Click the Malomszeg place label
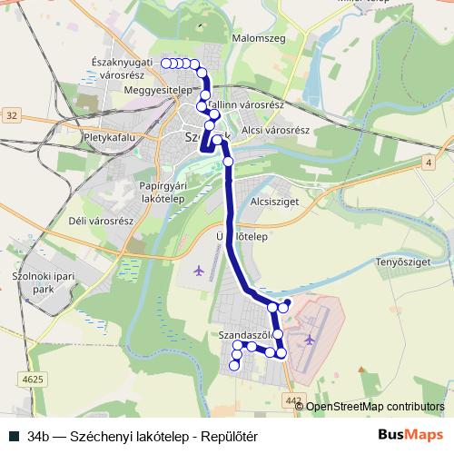(259, 38)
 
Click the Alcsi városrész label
(278, 130)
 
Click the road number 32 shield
(10, 115)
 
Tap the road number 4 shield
(428, 162)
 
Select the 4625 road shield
(29, 378)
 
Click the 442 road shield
(291, 400)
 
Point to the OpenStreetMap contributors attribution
(375, 407)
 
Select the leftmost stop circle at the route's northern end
(166, 63)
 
